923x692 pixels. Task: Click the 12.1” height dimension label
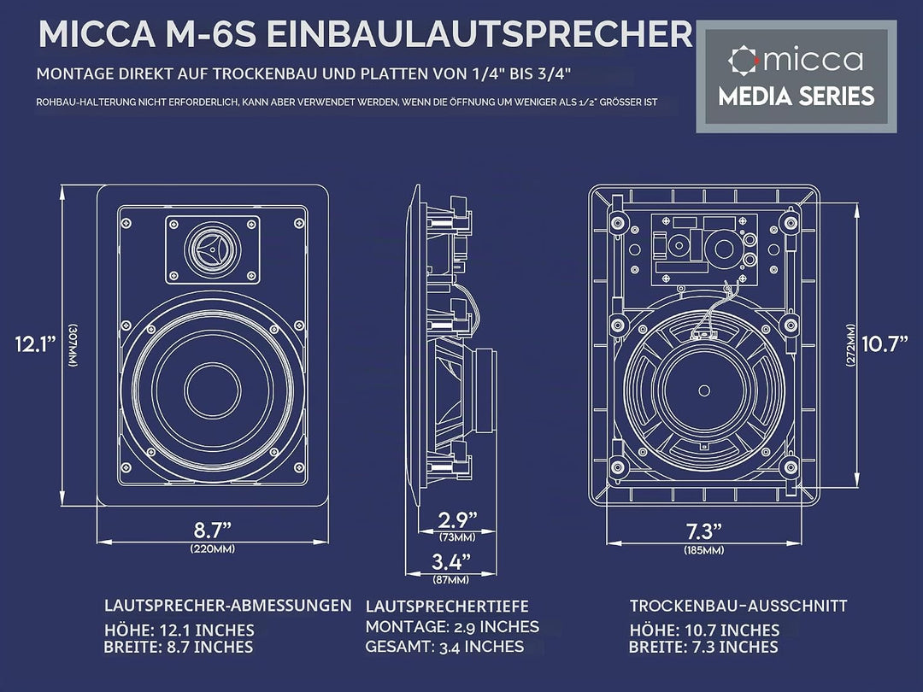[35, 343]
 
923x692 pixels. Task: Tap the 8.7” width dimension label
[213, 530]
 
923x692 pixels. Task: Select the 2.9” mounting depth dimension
[457, 519]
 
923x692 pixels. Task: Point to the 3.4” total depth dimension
[451, 561]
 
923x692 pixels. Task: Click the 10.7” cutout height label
[885, 343]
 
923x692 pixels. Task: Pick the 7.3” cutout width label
[703, 531]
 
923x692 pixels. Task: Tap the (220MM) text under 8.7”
[213, 549]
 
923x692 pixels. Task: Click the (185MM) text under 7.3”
[704, 551]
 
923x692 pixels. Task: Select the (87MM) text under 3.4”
[451, 580]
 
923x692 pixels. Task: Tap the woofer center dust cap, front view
[213, 390]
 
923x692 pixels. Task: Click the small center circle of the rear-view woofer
[704, 390]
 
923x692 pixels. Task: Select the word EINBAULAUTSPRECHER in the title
[480, 35]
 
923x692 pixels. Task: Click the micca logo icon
[742, 60]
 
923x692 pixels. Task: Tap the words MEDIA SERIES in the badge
[796, 97]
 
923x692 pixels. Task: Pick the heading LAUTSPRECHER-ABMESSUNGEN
[228, 606]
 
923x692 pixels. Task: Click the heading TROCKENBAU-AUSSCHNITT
[738, 606]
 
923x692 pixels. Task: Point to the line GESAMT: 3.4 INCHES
[444, 647]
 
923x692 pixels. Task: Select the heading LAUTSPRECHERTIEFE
[447, 606]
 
